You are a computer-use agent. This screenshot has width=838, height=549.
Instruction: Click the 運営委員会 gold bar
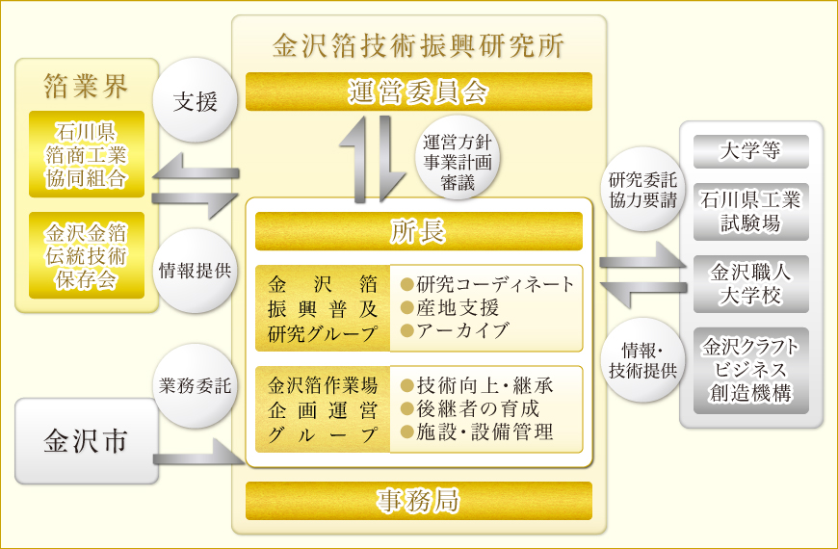click(x=418, y=91)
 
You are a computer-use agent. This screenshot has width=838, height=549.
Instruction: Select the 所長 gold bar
click(x=418, y=230)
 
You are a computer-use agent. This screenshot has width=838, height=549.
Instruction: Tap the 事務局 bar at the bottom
click(x=418, y=501)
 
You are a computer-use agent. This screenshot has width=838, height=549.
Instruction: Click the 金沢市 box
click(x=86, y=442)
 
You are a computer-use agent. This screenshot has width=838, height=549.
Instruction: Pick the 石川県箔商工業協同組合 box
click(x=87, y=154)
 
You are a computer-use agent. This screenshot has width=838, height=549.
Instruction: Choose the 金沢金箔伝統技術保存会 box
click(x=87, y=255)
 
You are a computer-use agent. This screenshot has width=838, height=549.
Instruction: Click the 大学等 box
click(x=751, y=151)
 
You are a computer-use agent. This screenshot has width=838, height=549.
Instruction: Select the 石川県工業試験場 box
click(x=751, y=211)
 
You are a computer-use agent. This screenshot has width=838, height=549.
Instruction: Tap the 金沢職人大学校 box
click(x=751, y=282)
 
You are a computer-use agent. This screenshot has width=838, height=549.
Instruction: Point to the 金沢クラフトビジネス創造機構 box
click(x=751, y=370)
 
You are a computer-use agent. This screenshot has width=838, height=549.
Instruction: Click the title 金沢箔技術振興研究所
click(x=418, y=45)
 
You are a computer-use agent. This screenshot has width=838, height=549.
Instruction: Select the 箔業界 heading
click(x=86, y=86)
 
